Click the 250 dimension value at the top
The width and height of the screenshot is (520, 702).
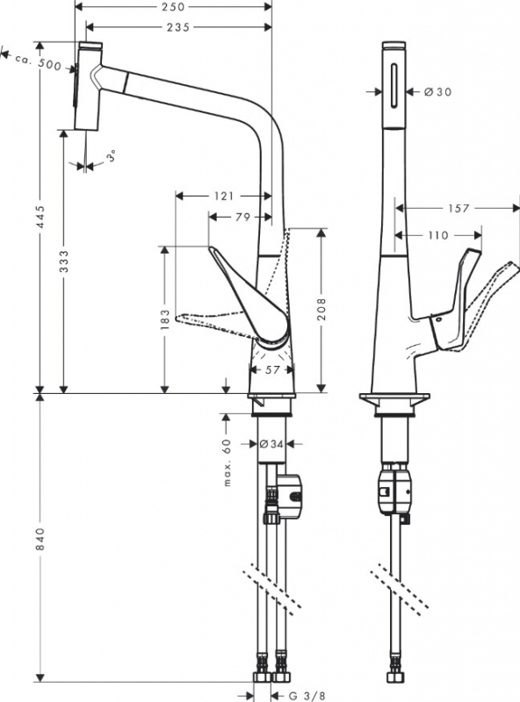173,7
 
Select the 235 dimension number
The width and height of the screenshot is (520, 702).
178,27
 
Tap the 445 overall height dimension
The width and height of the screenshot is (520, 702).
40,217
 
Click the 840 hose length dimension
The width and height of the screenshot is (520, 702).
40,540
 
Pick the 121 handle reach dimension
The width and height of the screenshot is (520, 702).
224,196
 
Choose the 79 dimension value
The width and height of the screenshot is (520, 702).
242,217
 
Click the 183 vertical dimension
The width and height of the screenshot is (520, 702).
165,319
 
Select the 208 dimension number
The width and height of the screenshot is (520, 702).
321,309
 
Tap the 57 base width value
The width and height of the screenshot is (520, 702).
272,369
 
